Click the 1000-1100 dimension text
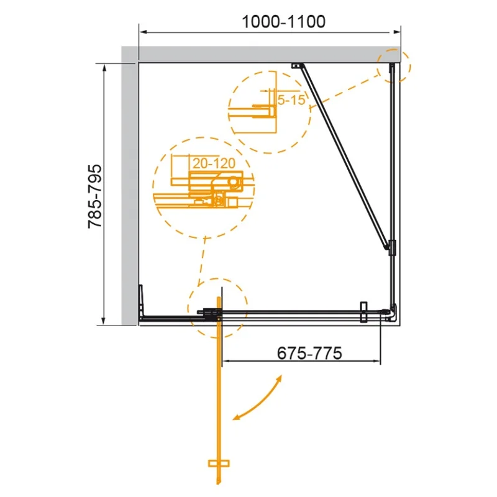pos(283,22)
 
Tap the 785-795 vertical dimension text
pos(95,196)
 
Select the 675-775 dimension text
pos(309,353)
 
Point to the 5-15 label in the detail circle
pos(291,100)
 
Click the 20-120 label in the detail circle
pos(214,163)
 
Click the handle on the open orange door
pos(219,463)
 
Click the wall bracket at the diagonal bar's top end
pos(297,66)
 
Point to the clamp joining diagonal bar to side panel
pos(393,247)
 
